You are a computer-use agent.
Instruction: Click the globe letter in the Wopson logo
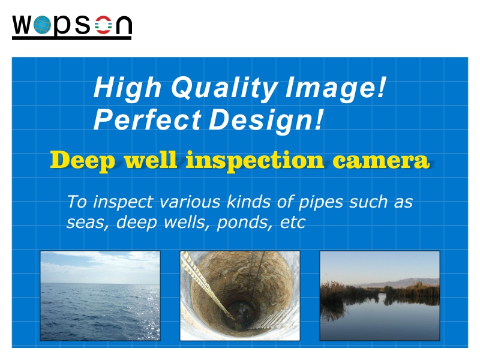42,25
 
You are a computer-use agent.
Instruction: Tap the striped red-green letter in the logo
103,25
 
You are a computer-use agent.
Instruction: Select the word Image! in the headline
335,88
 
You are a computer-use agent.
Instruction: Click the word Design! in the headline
266,121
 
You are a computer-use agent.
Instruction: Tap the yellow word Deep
83,161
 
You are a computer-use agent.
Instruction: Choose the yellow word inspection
254,161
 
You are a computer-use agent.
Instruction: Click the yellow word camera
381,161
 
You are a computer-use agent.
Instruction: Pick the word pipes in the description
320,203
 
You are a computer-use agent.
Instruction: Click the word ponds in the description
244,223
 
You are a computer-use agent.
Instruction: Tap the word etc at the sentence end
293,223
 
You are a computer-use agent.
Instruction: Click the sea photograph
100,296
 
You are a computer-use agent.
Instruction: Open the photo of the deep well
240,296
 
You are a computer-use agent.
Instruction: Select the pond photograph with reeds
380,296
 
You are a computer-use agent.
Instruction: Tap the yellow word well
151,160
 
